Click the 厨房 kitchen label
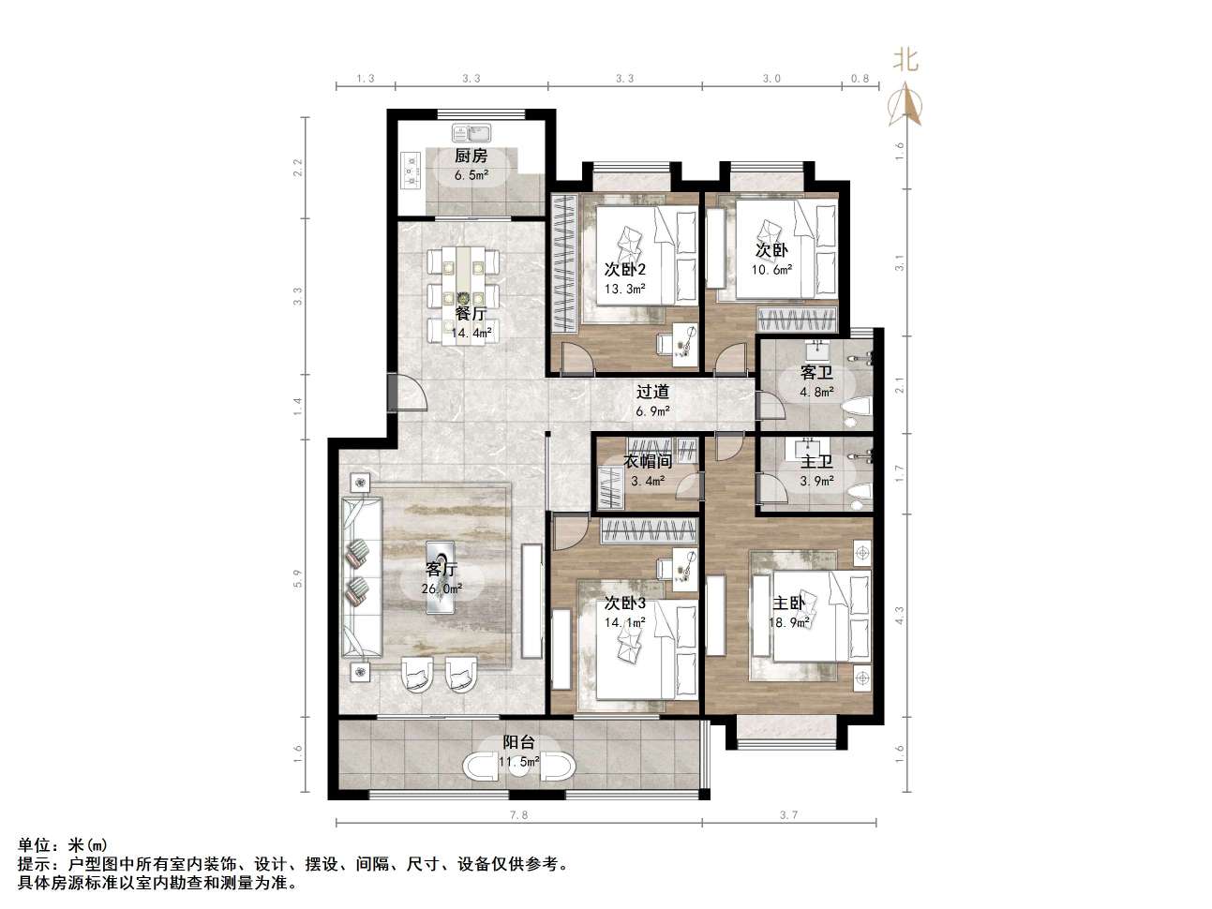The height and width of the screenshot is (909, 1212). click(471, 156)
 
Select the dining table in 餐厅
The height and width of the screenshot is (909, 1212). click(463, 296)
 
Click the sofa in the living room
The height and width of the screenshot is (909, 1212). click(362, 576)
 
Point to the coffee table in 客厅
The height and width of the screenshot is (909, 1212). click(440, 577)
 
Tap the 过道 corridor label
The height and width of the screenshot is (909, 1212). click(652, 392)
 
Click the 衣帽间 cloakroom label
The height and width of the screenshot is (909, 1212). click(647, 461)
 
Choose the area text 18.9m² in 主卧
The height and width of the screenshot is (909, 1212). click(789, 623)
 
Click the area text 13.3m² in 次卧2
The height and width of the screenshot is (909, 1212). click(624, 289)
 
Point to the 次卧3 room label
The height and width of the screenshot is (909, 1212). click(624, 604)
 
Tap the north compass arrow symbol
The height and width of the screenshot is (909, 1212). click(905, 104)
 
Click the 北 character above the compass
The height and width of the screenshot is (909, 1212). click(905, 60)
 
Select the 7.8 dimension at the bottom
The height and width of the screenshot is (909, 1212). click(518, 815)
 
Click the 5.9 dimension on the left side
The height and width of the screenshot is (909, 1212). click(298, 578)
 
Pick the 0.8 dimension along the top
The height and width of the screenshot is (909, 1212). click(860, 79)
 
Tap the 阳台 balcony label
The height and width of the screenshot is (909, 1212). click(519, 742)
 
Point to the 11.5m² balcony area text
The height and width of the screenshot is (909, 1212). click(519, 762)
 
